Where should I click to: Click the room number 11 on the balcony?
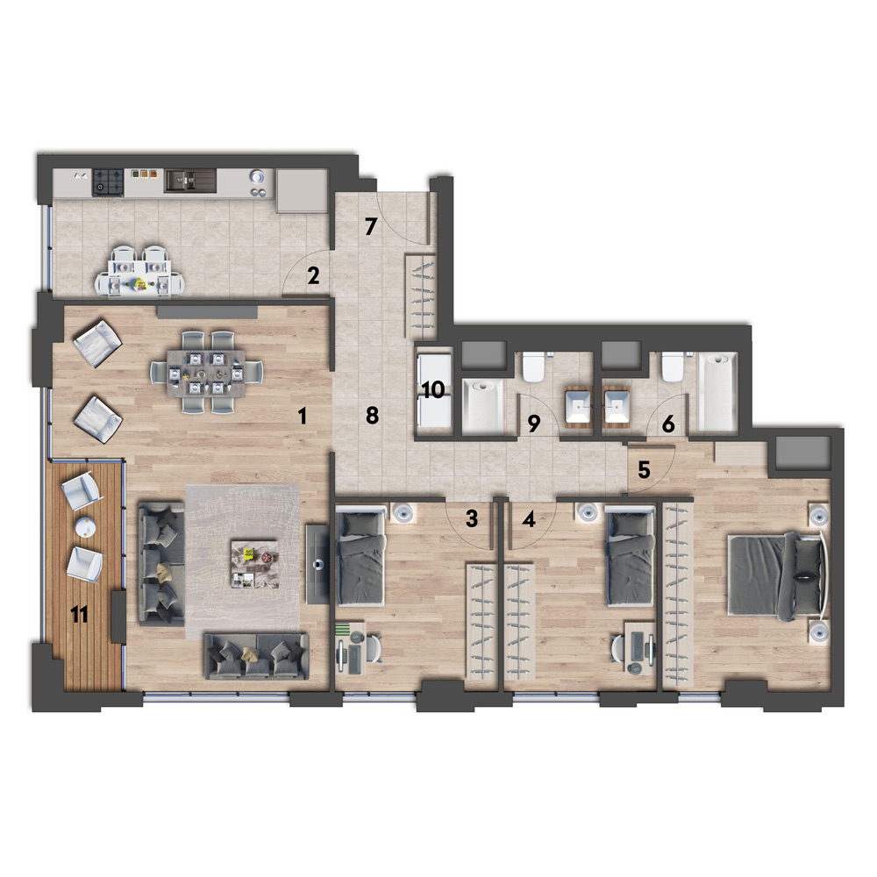point(80,616)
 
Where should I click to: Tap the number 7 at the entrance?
point(371,226)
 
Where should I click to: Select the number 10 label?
point(433,390)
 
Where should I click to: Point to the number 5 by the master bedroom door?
point(644,470)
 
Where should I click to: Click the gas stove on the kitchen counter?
point(108,182)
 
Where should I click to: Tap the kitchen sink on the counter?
point(190,181)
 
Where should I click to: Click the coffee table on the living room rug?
point(255,564)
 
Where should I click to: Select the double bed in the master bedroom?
point(777,577)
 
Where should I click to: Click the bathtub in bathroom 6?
point(717,391)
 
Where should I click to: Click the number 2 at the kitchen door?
point(313,275)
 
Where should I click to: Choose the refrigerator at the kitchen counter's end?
point(302,190)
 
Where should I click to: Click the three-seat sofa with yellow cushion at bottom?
point(257,656)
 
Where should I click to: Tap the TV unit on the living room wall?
point(317,564)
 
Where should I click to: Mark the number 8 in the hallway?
point(372,415)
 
